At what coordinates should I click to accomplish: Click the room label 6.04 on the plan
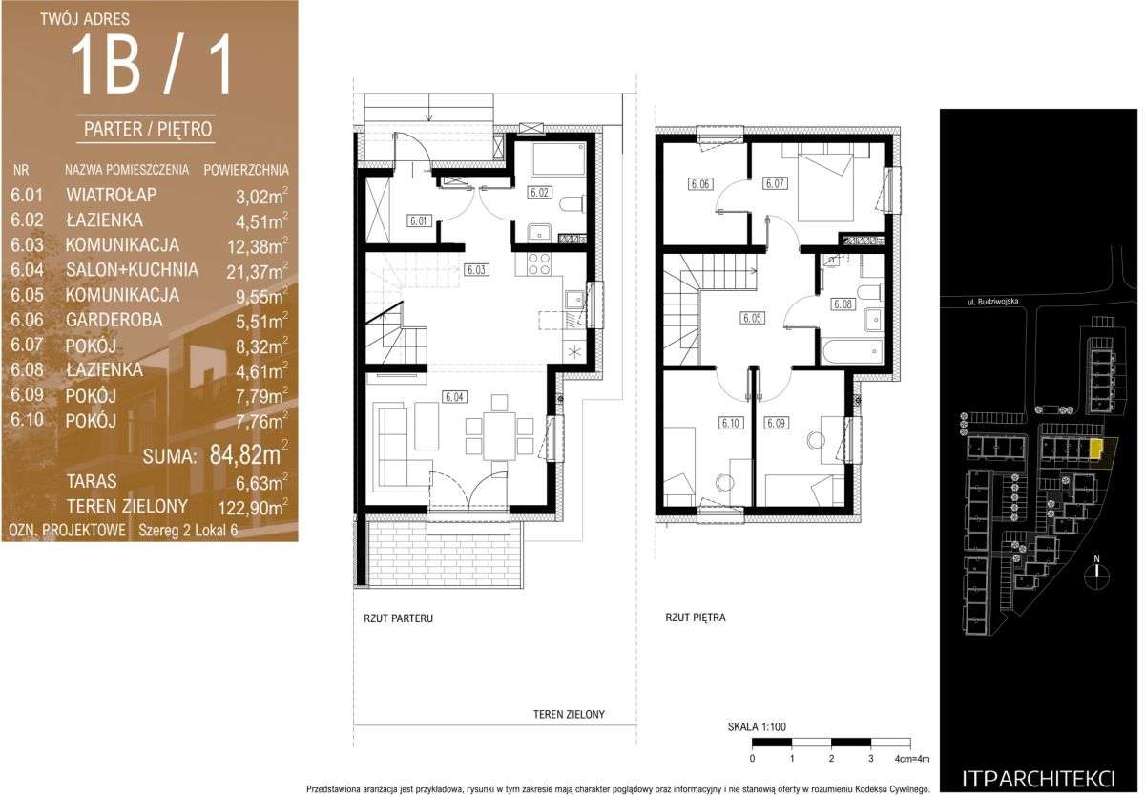click(454, 397)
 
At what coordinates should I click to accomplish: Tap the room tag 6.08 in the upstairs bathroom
click(843, 304)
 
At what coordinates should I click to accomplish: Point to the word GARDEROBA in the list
click(114, 320)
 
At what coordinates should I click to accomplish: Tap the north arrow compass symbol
click(1096, 576)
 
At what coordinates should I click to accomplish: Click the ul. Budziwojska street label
click(992, 302)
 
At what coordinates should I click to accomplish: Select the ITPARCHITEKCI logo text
click(1038, 779)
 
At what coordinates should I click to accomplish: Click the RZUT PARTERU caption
click(398, 618)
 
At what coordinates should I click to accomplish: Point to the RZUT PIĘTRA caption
click(696, 618)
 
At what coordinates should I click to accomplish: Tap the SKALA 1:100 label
click(757, 726)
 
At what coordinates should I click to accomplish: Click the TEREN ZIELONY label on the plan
click(569, 714)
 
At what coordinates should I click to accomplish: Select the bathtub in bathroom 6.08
click(852, 351)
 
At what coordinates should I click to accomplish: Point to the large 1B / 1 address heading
click(152, 67)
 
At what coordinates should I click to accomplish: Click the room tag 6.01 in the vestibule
click(419, 220)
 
